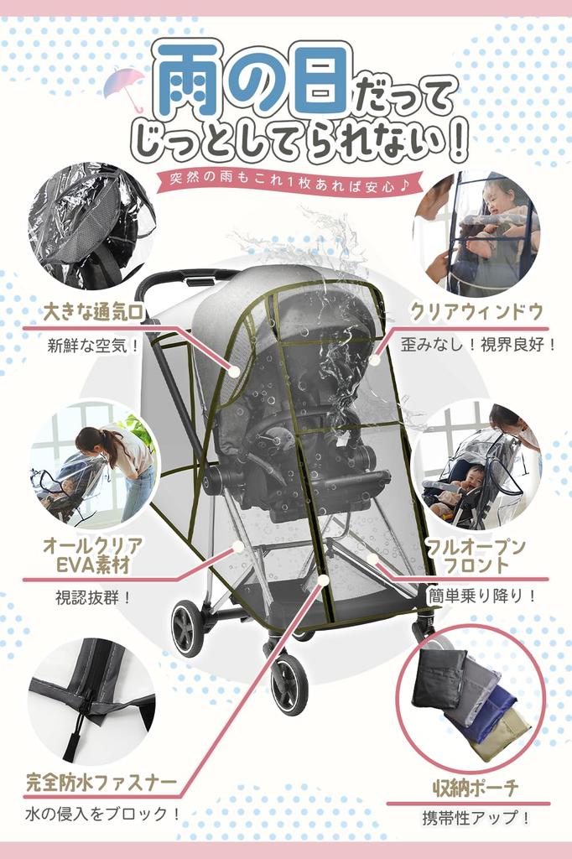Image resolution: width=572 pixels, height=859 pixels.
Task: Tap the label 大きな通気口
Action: point(93,313)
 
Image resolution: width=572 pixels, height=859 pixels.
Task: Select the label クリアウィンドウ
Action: point(476,312)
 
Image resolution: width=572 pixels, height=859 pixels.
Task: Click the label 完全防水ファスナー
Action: point(101,784)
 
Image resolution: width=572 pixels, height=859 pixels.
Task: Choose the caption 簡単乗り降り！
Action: point(481,596)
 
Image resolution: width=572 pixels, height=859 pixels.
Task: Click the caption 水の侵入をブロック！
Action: point(102,813)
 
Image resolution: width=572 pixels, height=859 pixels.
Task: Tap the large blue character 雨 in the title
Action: point(188,80)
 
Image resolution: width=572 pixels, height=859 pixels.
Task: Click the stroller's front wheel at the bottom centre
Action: point(289,683)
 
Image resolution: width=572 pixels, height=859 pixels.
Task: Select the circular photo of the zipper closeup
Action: point(91,700)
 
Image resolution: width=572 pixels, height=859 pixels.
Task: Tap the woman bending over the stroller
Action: point(117,466)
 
